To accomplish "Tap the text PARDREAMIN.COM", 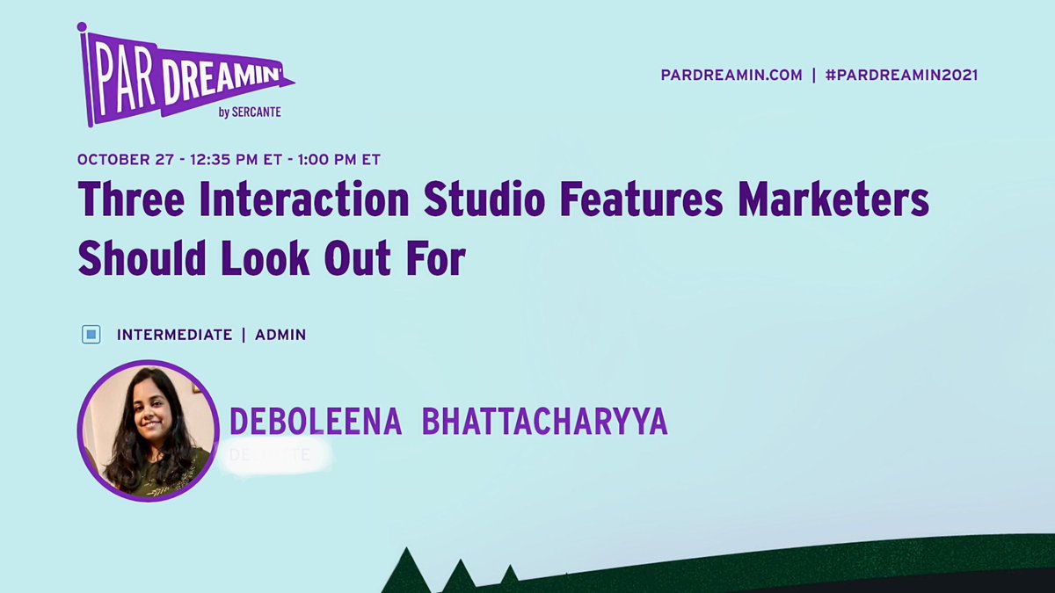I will point(731,76).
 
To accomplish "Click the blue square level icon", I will point(91,335).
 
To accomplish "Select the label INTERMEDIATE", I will point(174,335).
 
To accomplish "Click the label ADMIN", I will point(280,335).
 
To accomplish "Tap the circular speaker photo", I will point(148,430).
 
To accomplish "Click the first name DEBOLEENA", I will point(316,423).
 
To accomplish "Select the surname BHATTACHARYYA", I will point(545,423).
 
